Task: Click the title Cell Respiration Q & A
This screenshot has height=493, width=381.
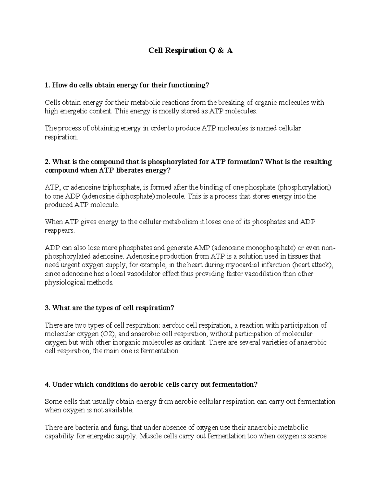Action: (x=190, y=50)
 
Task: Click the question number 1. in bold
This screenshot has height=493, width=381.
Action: (x=47, y=85)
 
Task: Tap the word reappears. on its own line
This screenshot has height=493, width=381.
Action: (x=60, y=230)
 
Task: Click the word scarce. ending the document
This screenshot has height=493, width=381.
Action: (x=317, y=436)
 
